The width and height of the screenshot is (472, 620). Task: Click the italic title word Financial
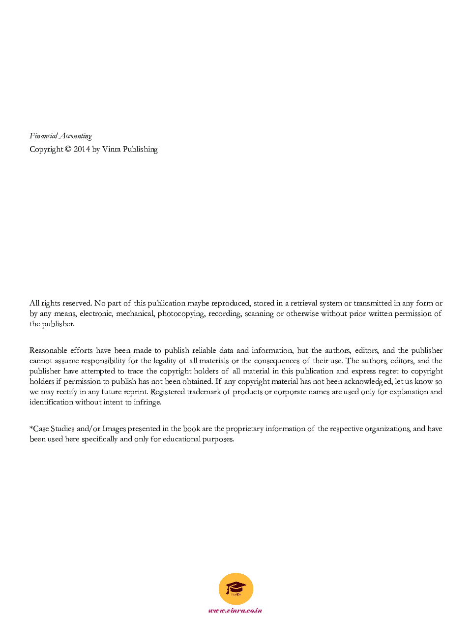(x=43, y=136)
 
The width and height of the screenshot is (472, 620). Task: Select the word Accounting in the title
(x=76, y=136)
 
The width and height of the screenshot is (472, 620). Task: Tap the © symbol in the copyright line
(x=68, y=149)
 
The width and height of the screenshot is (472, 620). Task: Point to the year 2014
(x=82, y=149)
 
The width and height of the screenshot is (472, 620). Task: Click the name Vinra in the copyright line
(x=111, y=149)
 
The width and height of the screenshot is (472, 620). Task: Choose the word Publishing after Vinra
(x=140, y=150)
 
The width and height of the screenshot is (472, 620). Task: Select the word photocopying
(x=181, y=314)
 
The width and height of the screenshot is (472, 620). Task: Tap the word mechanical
(x=135, y=313)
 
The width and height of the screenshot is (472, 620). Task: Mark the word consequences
(x=277, y=361)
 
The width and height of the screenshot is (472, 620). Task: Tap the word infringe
(x=147, y=402)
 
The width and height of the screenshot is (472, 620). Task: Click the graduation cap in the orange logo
(x=236, y=588)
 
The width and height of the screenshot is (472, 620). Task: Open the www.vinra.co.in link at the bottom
(x=235, y=611)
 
